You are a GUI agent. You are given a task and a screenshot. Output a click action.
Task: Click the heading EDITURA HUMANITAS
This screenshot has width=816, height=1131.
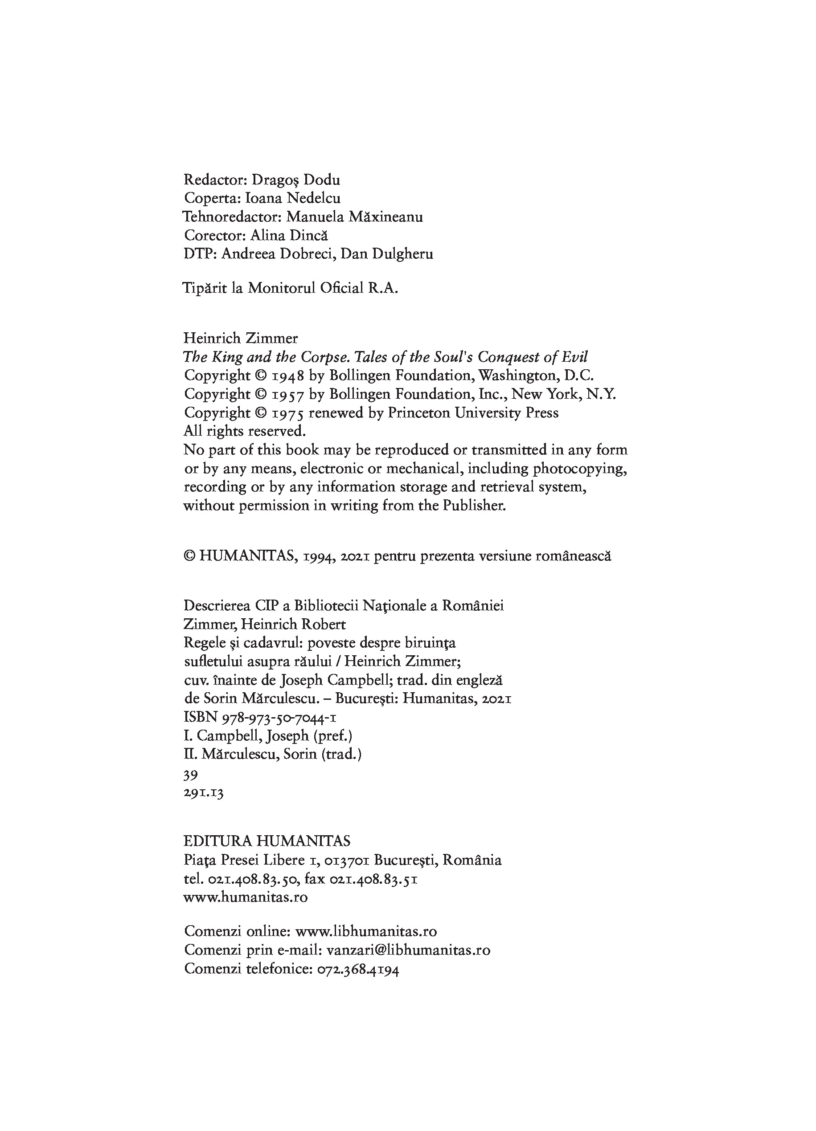click(x=267, y=841)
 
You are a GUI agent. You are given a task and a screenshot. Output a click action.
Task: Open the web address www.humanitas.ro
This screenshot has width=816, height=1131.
click(x=246, y=898)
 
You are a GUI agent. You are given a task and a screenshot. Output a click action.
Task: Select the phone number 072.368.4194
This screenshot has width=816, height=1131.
click(x=358, y=969)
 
